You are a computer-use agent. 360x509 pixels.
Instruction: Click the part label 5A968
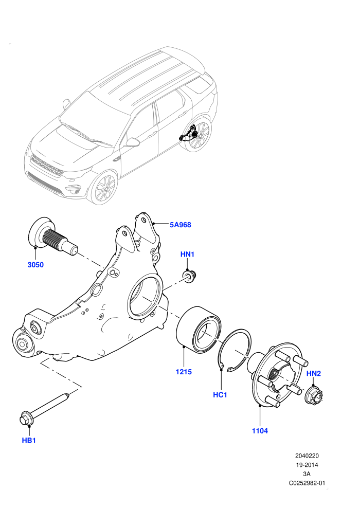click(180, 225)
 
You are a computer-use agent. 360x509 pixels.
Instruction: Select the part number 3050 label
click(35, 265)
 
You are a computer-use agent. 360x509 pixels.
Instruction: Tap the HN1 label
click(187, 254)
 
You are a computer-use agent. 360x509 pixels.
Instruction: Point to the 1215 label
click(184, 372)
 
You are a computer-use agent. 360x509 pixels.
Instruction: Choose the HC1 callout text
click(220, 395)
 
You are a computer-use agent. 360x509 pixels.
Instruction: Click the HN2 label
click(314, 373)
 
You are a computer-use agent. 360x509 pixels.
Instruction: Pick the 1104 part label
click(260, 431)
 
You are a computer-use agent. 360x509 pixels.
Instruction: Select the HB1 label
click(29, 441)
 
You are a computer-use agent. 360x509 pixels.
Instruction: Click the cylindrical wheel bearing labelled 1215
click(200, 330)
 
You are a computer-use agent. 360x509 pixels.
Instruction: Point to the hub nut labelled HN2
click(314, 395)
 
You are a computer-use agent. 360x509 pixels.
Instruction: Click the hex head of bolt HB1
click(26, 418)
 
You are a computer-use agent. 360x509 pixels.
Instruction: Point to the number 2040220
click(307, 456)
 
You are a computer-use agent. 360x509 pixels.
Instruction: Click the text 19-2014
click(307, 465)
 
